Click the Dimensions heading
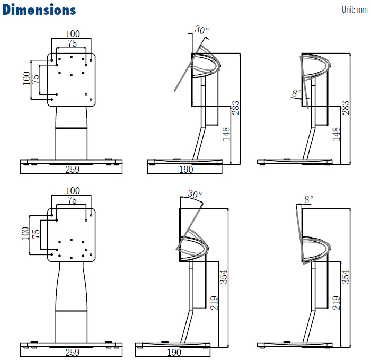pyautogui.click(x=39, y=10)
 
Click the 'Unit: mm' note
pyautogui.click(x=354, y=10)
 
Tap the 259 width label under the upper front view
pyautogui.click(x=72, y=170)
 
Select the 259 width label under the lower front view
pyautogui.click(x=72, y=352)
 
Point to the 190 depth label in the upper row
pyautogui.click(x=185, y=170)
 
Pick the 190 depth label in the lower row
pyautogui.click(x=174, y=352)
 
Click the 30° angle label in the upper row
pyautogui.click(x=201, y=30)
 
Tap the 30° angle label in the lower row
pyautogui.click(x=195, y=195)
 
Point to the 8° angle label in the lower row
pyautogui.click(x=308, y=199)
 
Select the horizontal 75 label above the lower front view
pyautogui.click(x=72, y=200)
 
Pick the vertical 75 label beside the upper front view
pyautogui.click(x=36, y=78)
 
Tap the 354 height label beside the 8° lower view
pyautogui.click(x=347, y=277)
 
